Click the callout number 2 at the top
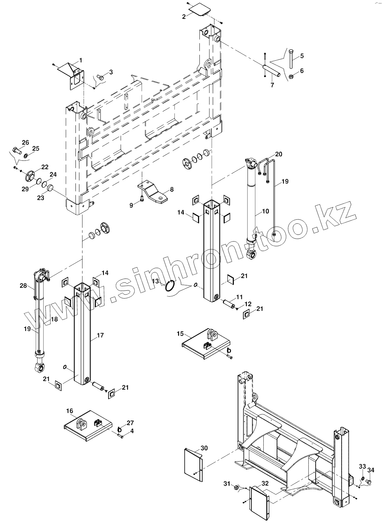(184, 17)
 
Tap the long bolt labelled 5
(291, 59)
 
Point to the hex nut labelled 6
(291, 76)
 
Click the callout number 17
(100, 335)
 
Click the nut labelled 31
(237, 487)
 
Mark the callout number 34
(371, 470)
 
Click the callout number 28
(23, 286)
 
